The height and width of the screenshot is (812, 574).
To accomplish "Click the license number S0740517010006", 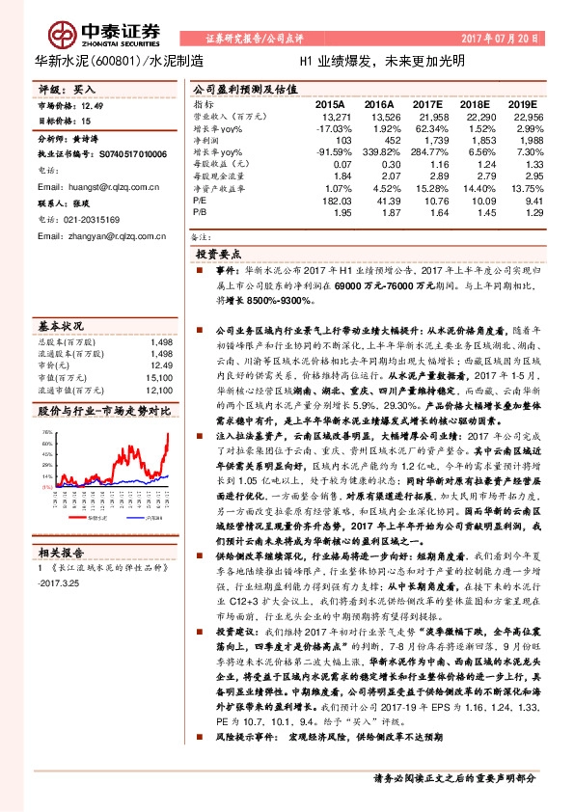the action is tap(127, 153).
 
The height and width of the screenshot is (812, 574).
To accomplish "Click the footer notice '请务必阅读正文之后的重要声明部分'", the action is tap(455, 777).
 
